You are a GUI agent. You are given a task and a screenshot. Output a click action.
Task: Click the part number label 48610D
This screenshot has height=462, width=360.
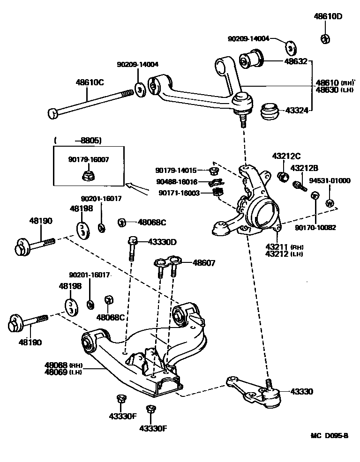[x=328, y=16]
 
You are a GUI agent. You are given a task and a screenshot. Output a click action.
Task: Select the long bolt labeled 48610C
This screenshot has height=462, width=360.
[x=89, y=102]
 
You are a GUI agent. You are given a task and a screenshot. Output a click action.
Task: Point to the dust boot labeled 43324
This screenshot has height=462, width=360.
[x=270, y=112]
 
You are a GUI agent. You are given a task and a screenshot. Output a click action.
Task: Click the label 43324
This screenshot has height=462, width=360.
[x=296, y=111]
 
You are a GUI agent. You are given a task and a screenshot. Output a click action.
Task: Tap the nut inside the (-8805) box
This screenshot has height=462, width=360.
[x=88, y=176]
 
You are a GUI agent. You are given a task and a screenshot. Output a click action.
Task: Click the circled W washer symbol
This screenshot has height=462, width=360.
[x=330, y=203]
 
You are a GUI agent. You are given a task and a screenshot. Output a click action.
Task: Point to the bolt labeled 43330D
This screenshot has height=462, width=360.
[x=132, y=248]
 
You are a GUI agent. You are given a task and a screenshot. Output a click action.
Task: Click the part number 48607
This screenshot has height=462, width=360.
[x=204, y=263]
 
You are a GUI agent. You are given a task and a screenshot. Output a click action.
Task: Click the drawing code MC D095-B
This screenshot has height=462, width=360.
[x=330, y=436]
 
